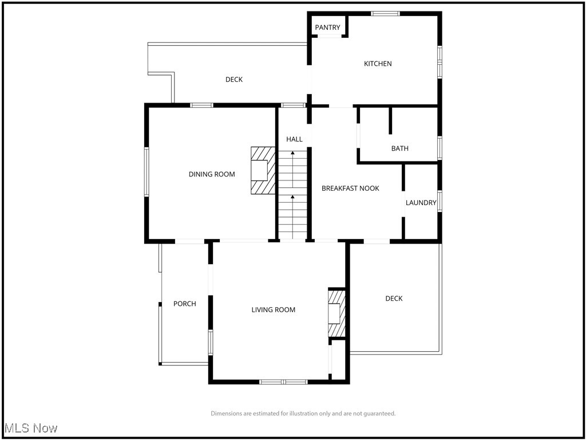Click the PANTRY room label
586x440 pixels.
(x=327, y=27)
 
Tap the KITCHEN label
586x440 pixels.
(x=378, y=64)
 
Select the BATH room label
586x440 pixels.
(x=399, y=148)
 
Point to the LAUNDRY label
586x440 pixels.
(x=421, y=203)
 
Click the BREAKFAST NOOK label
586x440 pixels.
(x=350, y=188)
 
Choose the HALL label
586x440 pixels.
(x=294, y=139)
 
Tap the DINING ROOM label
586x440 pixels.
(x=212, y=174)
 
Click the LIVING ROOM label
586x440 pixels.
(x=274, y=310)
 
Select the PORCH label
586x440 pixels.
(x=184, y=304)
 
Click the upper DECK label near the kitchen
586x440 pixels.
(x=233, y=80)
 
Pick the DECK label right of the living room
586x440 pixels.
(x=394, y=298)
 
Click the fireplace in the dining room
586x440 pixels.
(x=262, y=171)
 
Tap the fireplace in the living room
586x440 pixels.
(x=337, y=313)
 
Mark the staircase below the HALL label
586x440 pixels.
(x=293, y=195)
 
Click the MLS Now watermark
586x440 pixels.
(x=31, y=428)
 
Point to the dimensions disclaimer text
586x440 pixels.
(x=303, y=413)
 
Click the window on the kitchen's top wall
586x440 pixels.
(x=385, y=13)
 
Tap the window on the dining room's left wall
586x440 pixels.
(x=146, y=172)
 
